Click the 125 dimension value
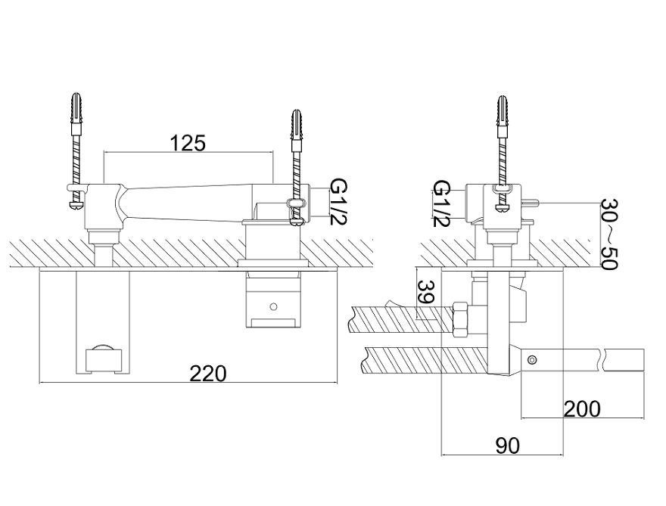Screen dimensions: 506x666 click(x=188, y=143)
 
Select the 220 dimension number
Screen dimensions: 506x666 click(x=208, y=373)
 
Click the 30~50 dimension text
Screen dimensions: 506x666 click(x=610, y=234)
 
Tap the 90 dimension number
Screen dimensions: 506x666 click(x=508, y=445)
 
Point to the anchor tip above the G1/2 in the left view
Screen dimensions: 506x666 click(x=297, y=123)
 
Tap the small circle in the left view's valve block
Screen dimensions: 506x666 click(x=274, y=307)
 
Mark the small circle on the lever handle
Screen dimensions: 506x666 click(x=534, y=359)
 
